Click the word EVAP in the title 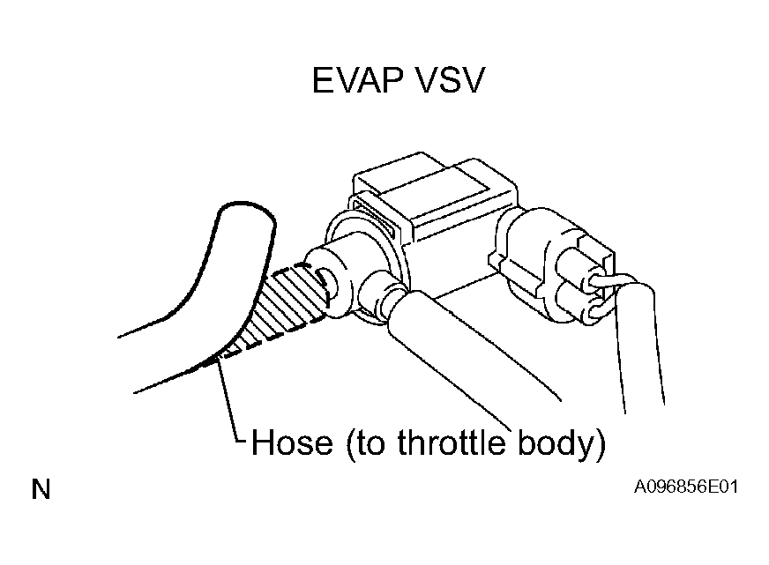[x=359, y=80]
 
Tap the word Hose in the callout [x=291, y=442]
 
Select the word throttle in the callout [x=451, y=442]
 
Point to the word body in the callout [x=553, y=443]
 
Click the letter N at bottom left [x=41, y=489]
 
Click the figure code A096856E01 [x=685, y=487]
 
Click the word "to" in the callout [x=369, y=443]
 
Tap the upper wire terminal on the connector [x=596, y=281]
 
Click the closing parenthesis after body [x=600, y=444]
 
